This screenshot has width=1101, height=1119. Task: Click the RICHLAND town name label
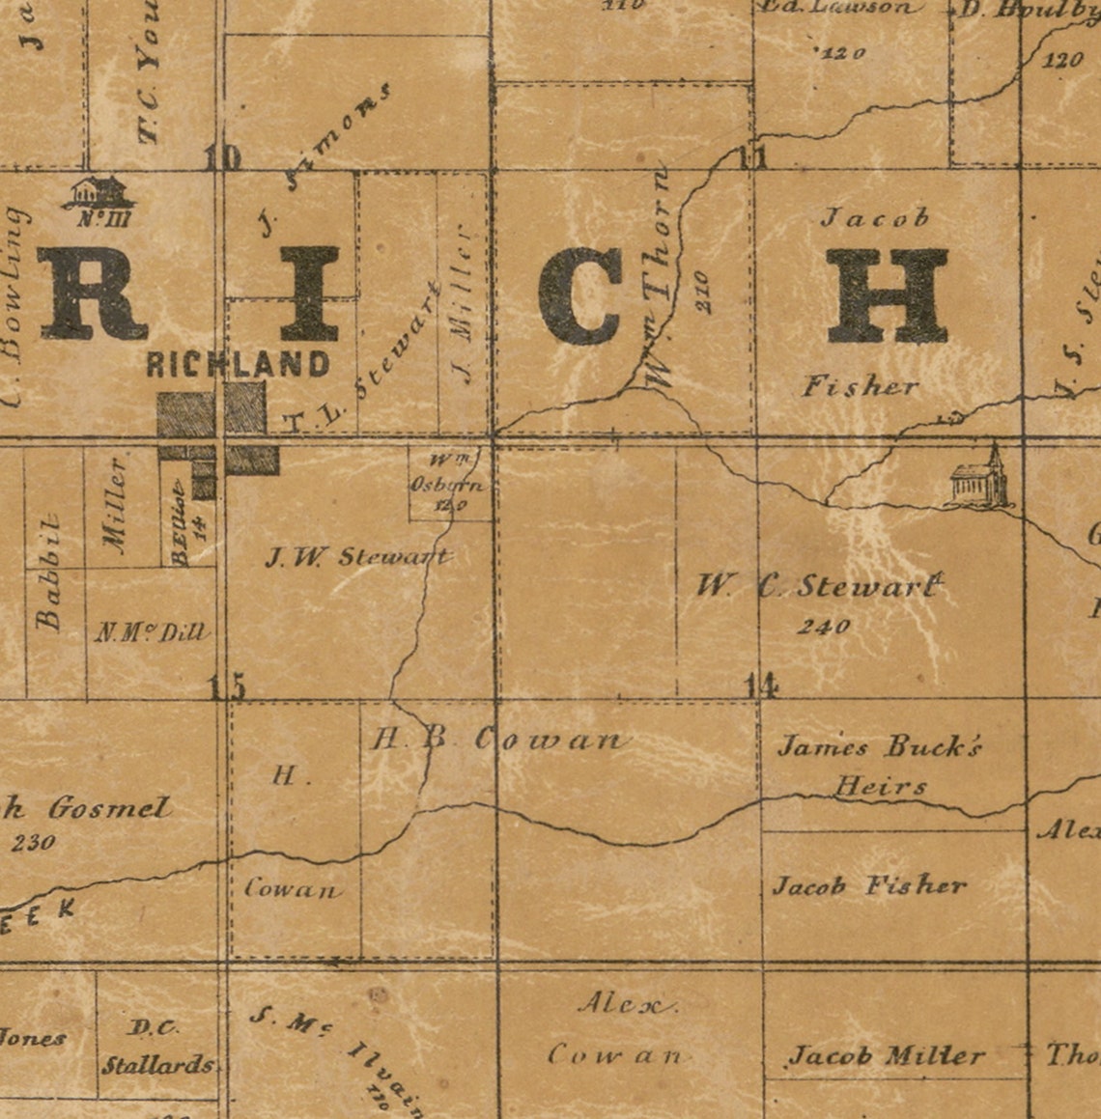pyautogui.click(x=239, y=364)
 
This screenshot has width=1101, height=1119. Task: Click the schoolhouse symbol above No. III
pyautogui.click(x=99, y=192)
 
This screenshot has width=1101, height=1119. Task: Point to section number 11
pyautogui.click(x=751, y=155)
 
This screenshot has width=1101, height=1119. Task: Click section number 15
pyautogui.click(x=229, y=686)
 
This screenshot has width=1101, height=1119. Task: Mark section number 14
pyautogui.click(x=761, y=685)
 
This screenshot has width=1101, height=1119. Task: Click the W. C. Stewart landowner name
pyautogui.click(x=819, y=586)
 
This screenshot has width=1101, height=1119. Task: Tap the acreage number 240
pyautogui.click(x=824, y=627)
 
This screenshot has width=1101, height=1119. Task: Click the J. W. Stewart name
pyautogui.click(x=357, y=557)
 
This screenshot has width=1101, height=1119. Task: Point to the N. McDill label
pyautogui.click(x=152, y=633)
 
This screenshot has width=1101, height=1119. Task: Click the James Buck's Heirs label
pyautogui.click(x=881, y=764)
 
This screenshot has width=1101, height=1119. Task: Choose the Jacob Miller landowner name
pyautogui.click(x=887, y=1055)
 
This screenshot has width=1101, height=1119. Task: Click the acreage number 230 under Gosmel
pyautogui.click(x=34, y=842)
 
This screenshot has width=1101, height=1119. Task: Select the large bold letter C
pyautogui.click(x=579, y=296)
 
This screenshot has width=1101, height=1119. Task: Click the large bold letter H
pyautogui.click(x=887, y=296)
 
